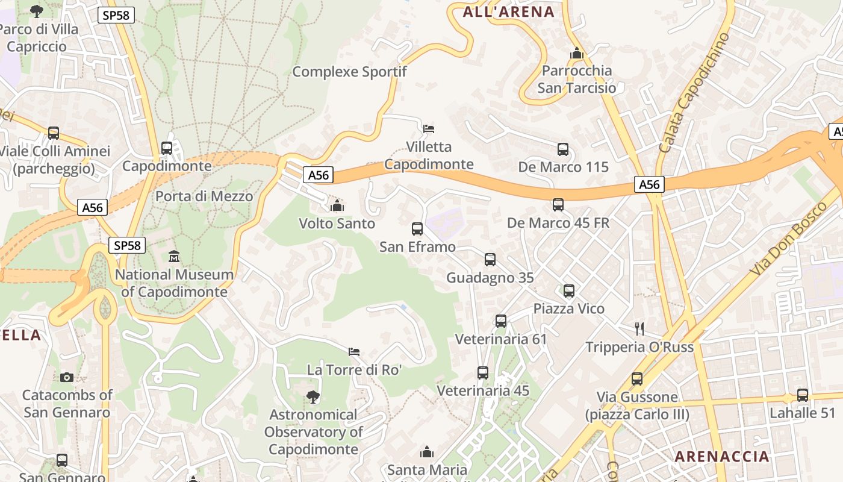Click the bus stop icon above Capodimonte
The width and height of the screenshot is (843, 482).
(x=167, y=148)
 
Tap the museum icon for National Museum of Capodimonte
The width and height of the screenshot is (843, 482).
(x=174, y=257)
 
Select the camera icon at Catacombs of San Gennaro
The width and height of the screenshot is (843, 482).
(x=67, y=377)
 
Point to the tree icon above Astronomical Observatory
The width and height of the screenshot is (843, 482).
(x=313, y=396)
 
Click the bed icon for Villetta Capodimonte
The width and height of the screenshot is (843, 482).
(x=429, y=128)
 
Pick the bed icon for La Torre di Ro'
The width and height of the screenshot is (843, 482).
(x=354, y=351)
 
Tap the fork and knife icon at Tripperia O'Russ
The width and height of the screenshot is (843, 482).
(x=639, y=328)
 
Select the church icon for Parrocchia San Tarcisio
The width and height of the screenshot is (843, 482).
(x=577, y=53)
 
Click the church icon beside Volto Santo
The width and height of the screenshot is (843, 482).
(x=337, y=206)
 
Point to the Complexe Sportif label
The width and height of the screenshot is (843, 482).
(x=349, y=72)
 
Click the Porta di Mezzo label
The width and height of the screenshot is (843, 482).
(x=204, y=196)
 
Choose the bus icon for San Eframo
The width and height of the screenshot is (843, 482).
(x=417, y=229)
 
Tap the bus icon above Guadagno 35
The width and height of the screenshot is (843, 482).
(x=490, y=260)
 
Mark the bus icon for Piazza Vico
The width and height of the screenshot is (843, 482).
(x=569, y=291)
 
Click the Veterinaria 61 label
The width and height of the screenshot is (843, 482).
(x=500, y=339)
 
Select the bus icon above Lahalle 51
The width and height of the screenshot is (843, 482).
(x=803, y=395)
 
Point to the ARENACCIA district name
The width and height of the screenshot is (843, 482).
(x=722, y=456)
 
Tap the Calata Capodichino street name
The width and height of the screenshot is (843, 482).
(x=694, y=93)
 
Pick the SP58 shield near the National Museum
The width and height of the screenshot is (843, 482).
(x=127, y=245)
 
